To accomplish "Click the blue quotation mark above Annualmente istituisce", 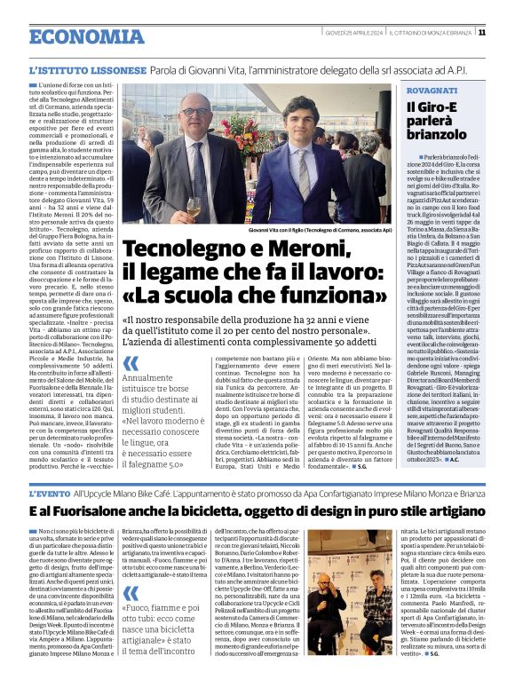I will [x=131, y=364].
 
